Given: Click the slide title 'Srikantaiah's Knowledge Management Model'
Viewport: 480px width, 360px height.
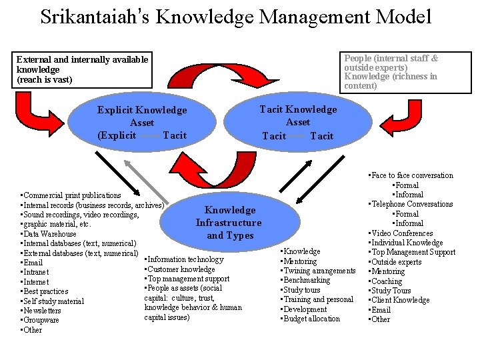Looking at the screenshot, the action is pos(236,17).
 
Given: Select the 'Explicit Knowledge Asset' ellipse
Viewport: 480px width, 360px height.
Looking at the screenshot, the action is pos(142,123).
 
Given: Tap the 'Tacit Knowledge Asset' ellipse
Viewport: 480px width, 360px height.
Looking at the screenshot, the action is pos(298,123).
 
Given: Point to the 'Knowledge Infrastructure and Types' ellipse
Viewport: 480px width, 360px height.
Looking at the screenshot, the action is pos(229,223).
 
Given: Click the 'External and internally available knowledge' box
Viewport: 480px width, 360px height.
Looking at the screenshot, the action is pos(82,69).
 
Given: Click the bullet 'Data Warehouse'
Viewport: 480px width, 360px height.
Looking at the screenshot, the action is pos(49,234).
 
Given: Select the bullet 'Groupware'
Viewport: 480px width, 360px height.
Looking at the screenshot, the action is pos(41,320).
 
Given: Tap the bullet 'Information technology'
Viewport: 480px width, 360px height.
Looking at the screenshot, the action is pos(185,259).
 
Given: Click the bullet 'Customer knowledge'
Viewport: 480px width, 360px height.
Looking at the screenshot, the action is pos(181,269).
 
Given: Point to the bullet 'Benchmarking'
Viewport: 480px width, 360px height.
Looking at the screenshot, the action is pos(307,280).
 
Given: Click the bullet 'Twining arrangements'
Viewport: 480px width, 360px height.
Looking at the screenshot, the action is pos(319,271).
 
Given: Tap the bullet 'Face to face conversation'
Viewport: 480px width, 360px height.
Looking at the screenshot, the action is pos(411,175).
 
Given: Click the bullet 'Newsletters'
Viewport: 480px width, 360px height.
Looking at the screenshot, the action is pos(42,311).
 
